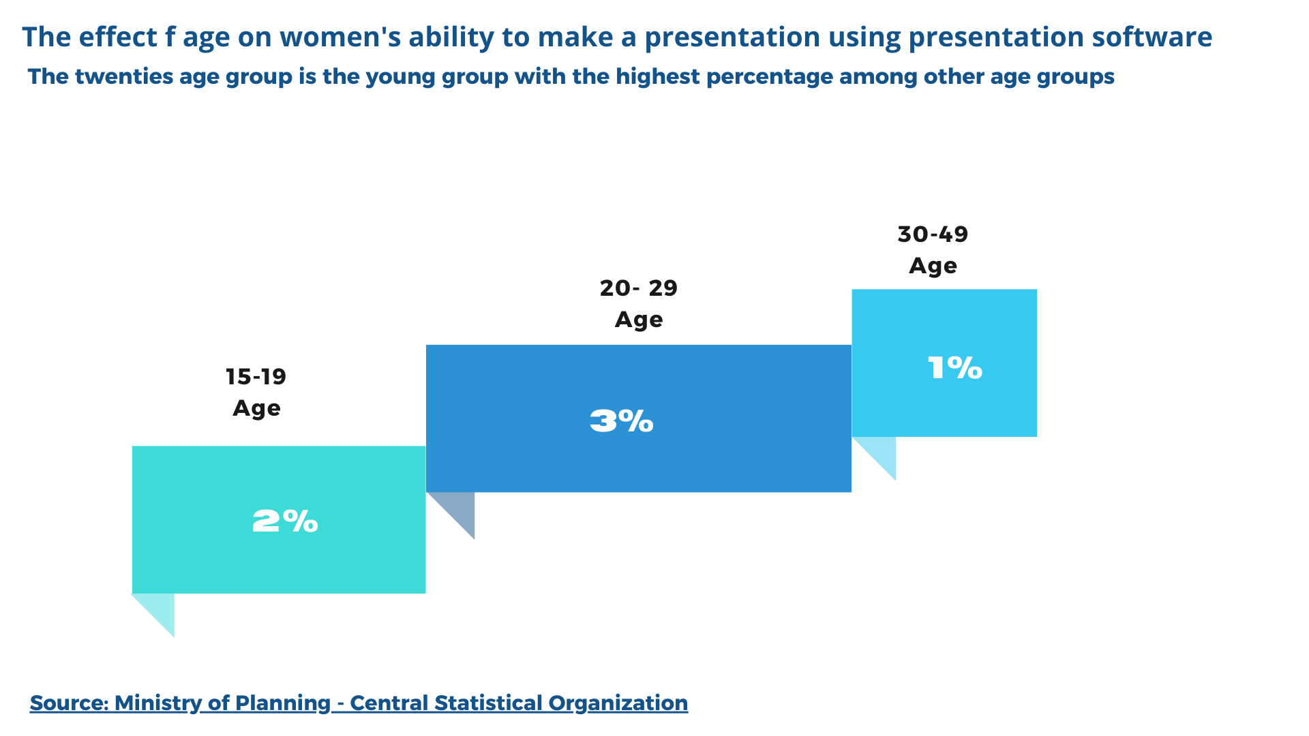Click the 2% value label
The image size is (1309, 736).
click(285, 521)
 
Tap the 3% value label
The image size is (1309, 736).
click(621, 421)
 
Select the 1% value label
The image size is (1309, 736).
click(954, 368)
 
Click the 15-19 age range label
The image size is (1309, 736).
click(256, 376)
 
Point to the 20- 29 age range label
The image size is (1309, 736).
click(639, 288)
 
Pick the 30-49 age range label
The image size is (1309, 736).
click(933, 234)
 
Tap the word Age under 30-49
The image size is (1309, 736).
click(933, 265)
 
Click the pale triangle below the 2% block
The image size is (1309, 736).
click(161, 609)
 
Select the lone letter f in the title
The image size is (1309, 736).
click(170, 37)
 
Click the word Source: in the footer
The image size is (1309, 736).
click(69, 703)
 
